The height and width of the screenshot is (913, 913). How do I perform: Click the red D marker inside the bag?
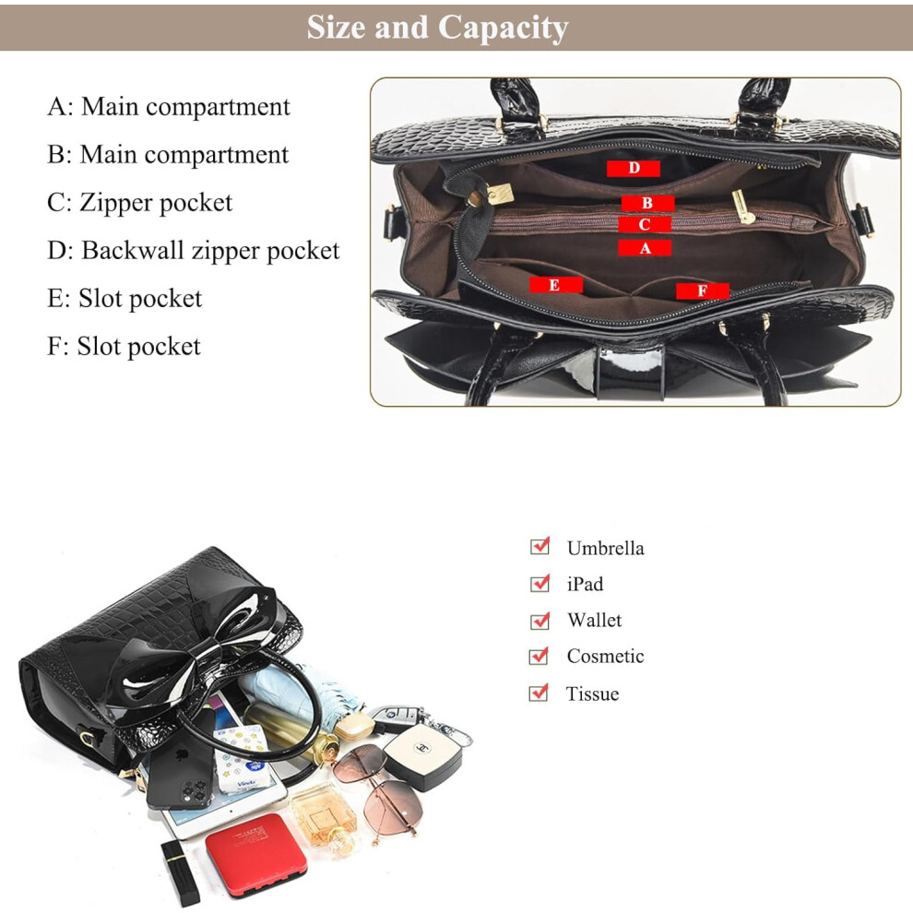click(633, 168)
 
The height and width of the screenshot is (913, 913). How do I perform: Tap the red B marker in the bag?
click(647, 203)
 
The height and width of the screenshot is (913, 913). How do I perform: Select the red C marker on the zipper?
click(644, 224)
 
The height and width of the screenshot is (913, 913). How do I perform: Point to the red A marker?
click(645, 248)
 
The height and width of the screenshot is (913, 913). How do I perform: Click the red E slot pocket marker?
click(555, 285)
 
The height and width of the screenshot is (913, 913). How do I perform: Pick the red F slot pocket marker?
click(702, 290)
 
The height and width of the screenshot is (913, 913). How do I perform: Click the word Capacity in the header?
click(503, 28)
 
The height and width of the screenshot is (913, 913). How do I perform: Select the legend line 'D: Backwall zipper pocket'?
click(194, 250)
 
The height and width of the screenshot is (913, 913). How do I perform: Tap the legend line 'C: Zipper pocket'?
click(139, 203)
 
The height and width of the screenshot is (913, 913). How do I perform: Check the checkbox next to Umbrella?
click(539, 546)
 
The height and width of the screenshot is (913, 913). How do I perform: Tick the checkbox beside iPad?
click(539, 583)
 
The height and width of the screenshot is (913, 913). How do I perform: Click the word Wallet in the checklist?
click(595, 620)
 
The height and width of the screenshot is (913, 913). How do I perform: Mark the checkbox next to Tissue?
click(539, 693)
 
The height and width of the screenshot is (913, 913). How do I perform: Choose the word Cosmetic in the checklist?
click(606, 657)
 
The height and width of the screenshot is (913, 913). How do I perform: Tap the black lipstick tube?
click(181, 872)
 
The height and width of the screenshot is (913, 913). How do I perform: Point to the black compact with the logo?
click(423, 755)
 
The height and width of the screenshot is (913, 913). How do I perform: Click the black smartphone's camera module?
click(196, 793)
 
